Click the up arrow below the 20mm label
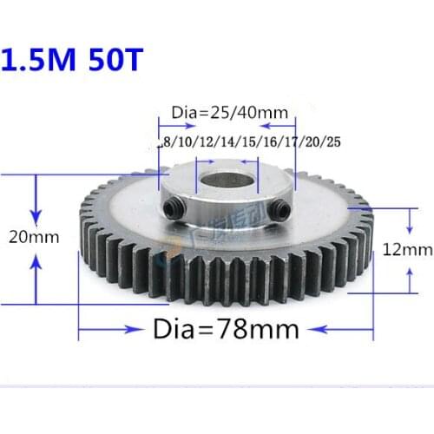click(x=36, y=265)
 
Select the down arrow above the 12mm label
click(x=410, y=224)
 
